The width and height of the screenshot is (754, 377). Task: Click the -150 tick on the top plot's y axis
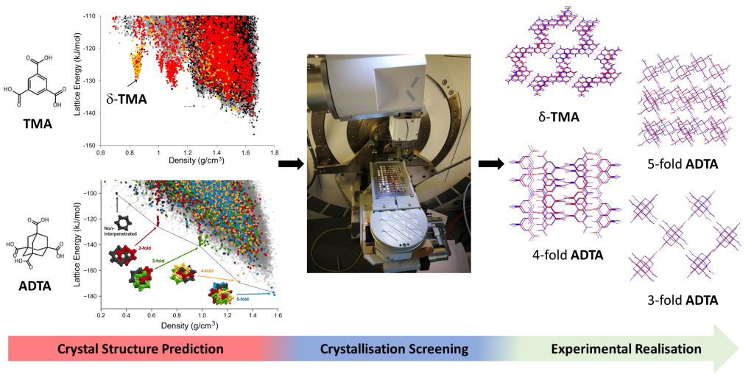(x=91, y=145)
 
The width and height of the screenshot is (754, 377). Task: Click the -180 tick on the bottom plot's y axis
(x=88, y=297)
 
